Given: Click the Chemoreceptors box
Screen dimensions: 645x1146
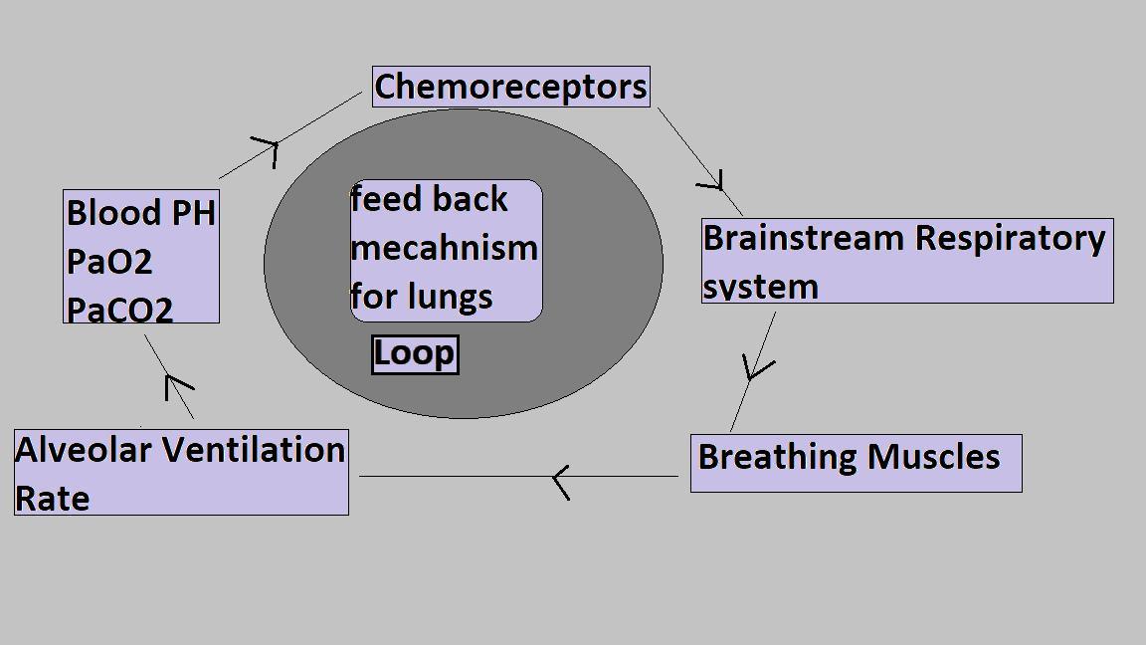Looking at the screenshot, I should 510,87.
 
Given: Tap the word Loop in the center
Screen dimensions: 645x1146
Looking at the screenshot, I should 415,354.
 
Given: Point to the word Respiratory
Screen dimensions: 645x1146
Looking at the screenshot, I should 1010,240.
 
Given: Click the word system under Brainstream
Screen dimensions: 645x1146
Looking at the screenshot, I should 761,287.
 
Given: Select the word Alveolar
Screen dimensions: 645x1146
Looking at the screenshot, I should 83,450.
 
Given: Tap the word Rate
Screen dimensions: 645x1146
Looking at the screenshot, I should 53,498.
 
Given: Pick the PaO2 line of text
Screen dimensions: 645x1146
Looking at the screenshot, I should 109,262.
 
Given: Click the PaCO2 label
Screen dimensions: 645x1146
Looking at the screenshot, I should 119,310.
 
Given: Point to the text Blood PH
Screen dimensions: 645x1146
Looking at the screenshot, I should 140,213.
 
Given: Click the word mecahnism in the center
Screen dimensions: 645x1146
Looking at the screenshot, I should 445,247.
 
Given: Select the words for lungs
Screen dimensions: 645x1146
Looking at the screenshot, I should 422,296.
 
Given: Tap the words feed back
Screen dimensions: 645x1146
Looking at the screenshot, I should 430,199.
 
